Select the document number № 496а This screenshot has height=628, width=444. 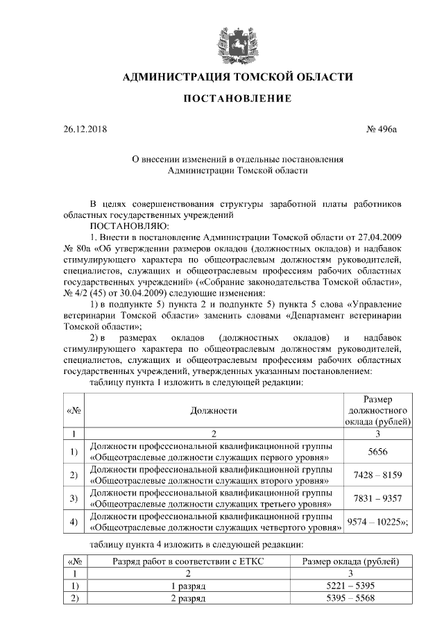[x=384, y=128]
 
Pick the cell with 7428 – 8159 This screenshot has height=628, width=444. [x=377, y=475]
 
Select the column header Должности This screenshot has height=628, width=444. [x=214, y=410]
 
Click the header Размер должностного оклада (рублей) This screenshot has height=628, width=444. [x=377, y=410]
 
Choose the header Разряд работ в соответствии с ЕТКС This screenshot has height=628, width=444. [x=188, y=561]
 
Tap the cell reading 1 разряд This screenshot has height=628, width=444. [x=188, y=586]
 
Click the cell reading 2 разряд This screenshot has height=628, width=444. [x=188, y=598]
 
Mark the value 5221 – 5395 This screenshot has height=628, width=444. [x=340, y=586]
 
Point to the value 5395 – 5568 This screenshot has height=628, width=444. [x=340, y=598]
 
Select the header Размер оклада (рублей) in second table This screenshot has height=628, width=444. [x=340, y=561]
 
